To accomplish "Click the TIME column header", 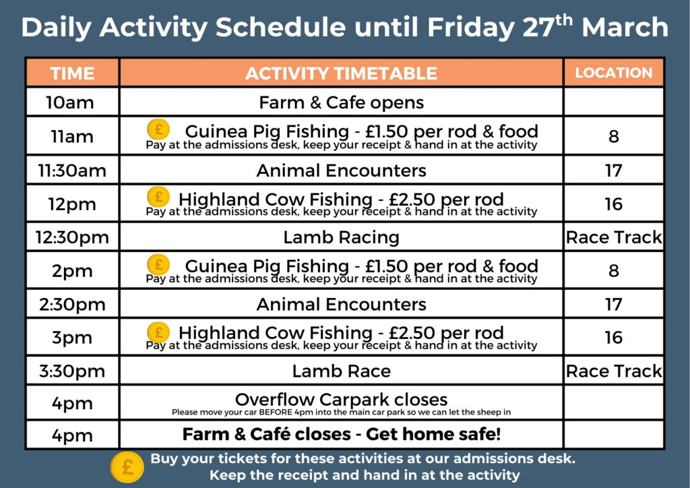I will tap(72, 73).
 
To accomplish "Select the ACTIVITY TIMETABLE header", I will tap(341, 73).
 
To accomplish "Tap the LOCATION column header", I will tap(613, 73).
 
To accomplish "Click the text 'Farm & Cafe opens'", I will tap(341, 103).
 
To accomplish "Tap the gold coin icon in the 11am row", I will tap(158, 129).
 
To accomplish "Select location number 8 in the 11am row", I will tap(613, 136).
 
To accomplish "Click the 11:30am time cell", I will tap(72, 171).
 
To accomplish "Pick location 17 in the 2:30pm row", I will tap(613, 304).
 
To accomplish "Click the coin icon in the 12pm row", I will tap(158, 196).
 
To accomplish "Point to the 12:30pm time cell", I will tap(72, 237).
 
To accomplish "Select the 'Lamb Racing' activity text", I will tap(341, 237).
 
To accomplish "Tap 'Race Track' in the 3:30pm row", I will tap(614, 371).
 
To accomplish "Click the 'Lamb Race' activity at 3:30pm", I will tap(341, 371).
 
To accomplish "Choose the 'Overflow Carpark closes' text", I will tap(341, 399).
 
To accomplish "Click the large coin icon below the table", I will tap(127, 466).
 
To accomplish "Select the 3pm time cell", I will tap(72, 337).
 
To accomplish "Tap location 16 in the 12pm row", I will tap(613, 204).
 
